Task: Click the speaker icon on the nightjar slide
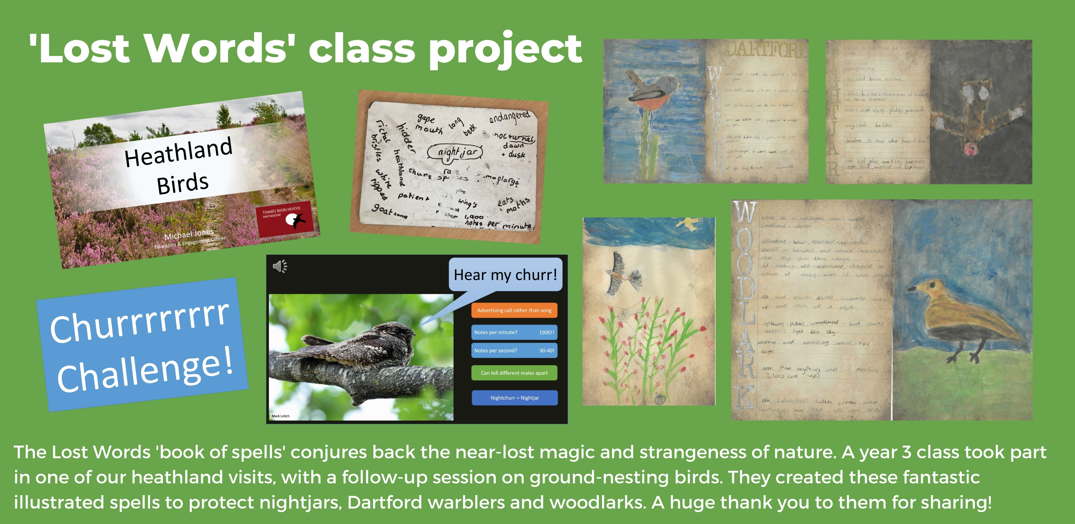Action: (279, 266)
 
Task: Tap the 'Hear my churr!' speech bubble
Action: (505, 275)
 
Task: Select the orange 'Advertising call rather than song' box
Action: (514, 310)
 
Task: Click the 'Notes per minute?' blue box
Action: (514, 332)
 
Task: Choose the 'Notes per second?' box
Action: (514, 351)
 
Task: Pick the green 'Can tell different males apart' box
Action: (514, 373)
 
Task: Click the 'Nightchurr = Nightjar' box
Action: (514, 398)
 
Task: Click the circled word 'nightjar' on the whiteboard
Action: (455, 152)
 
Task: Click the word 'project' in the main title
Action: (505, 50)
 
